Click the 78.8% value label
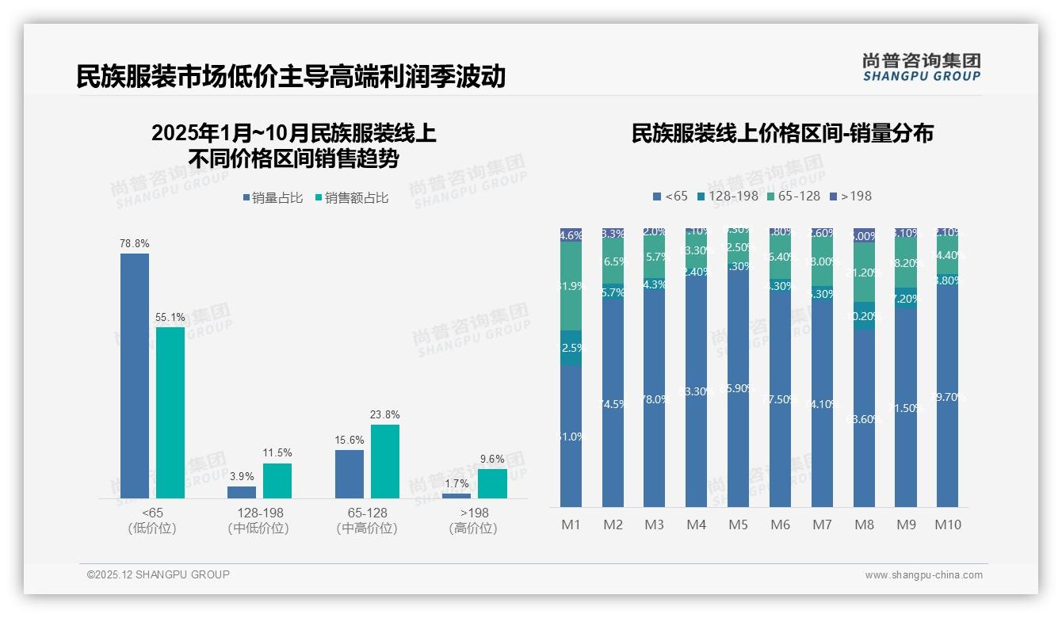point(135,243)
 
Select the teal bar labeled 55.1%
point(170,412)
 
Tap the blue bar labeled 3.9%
point(242,492)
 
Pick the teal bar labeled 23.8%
point(385,461)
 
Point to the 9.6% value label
point(492,459)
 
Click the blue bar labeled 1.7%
point(457,496)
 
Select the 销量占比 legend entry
point(273,198)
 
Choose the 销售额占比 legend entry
point(352,198)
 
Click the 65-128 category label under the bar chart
point(367,513)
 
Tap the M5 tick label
point(738,525)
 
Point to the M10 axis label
point(948,525)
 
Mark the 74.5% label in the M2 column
point(613,404)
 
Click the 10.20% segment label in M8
point(864,316)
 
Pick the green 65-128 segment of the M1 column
point(571,285)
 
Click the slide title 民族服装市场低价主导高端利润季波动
point(291,77)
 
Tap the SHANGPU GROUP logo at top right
point(921,67)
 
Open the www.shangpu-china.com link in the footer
point(923,575)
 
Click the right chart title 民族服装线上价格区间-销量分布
point(782,133)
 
